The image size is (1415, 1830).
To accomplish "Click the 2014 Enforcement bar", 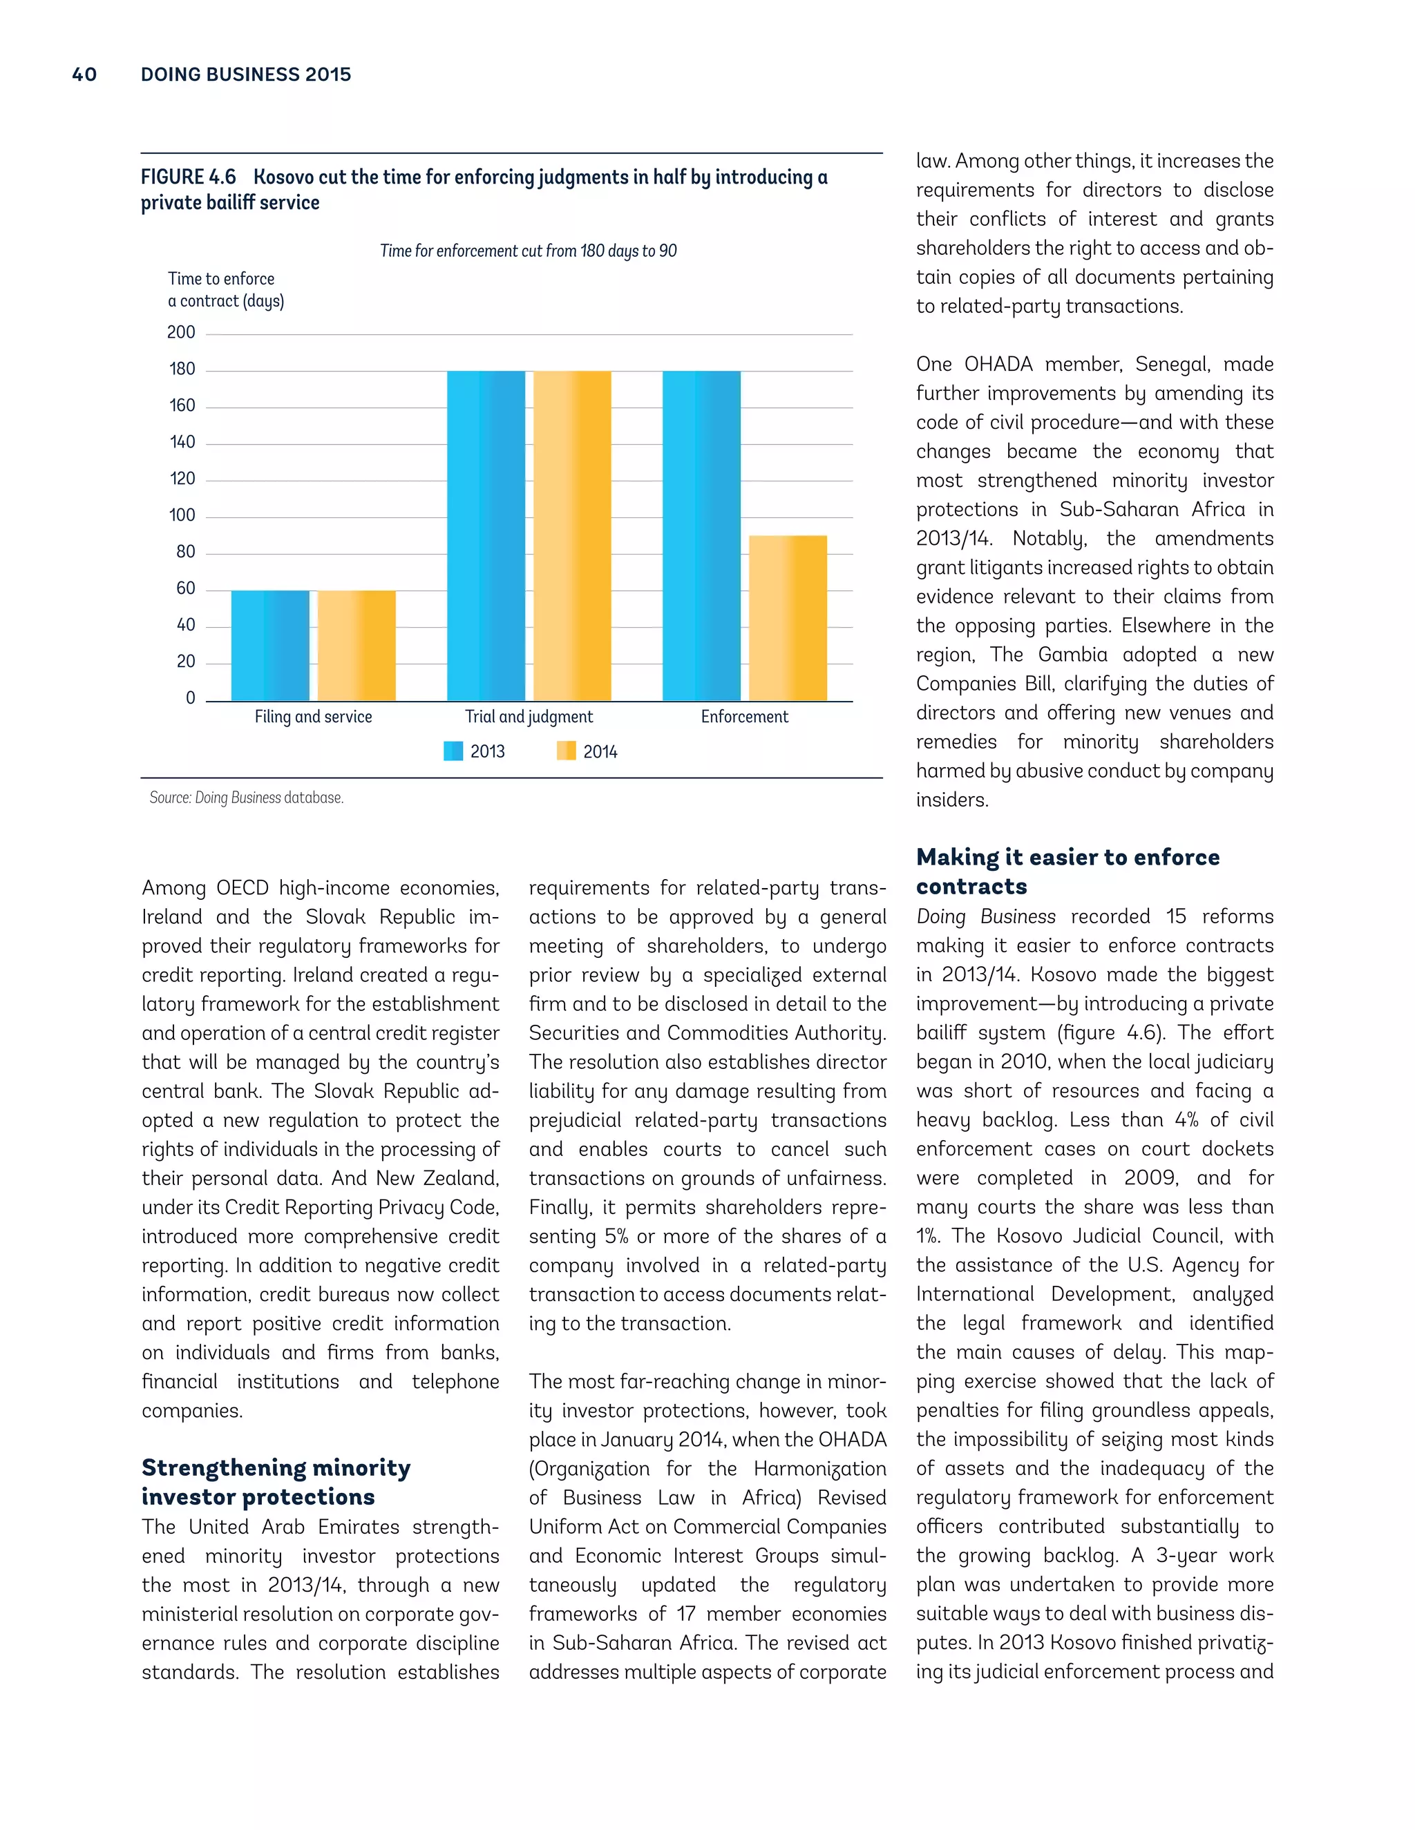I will (787, 618).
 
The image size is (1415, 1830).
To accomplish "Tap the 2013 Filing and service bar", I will (270, 646).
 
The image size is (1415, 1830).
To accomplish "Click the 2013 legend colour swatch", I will (453, 751).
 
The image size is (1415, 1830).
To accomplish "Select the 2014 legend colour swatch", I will (566, 751).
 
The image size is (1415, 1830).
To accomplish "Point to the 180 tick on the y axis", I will (182, 369).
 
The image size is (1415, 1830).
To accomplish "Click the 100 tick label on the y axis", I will (182, 515).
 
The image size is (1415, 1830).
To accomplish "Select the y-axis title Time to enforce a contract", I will (225, 290).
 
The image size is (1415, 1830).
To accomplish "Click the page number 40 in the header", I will (85, 75).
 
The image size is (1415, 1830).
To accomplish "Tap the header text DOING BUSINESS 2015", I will (245, 75).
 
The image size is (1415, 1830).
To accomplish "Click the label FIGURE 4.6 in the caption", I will (189, 177).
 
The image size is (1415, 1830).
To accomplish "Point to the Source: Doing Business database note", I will (247, 798).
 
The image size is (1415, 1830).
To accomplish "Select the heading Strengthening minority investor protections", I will (276, 1482).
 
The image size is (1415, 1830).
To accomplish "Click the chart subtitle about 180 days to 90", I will (528, 251).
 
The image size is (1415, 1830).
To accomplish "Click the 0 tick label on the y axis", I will (190, 698).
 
